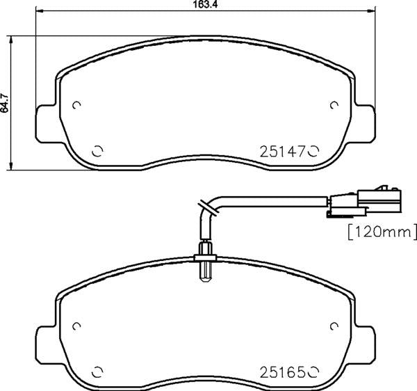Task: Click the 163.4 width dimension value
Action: pos(205,4)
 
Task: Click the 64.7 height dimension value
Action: pos(5,103)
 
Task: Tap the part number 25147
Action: pos(282,152)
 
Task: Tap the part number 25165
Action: pos(282,372)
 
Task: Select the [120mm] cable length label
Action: pos(382,232)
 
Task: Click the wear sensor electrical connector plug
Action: pos(363,202)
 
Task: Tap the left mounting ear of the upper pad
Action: pos(46,124)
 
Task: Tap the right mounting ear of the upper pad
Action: pos(365,124)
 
